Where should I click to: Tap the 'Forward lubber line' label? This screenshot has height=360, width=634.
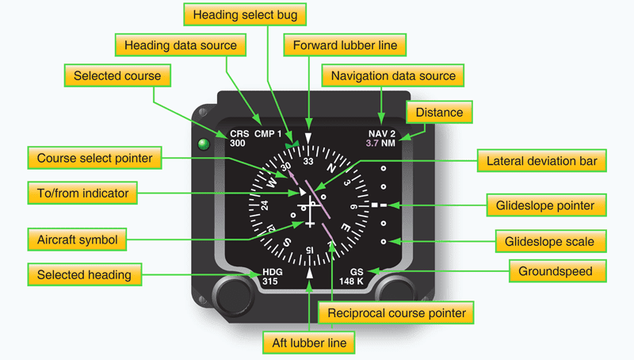tap(345, 45)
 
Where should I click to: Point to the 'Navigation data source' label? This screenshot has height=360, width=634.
tap(393, 76)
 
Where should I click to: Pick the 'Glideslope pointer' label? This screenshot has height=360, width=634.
tap(548, 205)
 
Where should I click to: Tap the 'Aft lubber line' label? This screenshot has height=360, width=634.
tap(307, 343)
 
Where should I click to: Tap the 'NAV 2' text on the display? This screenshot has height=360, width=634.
tap(381, 133)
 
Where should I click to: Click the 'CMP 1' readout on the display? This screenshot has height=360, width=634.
tap(269, 133)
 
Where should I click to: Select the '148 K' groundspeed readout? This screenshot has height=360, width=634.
tap(351, 281)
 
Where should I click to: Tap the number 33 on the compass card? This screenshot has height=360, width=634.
tap(308, 160)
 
